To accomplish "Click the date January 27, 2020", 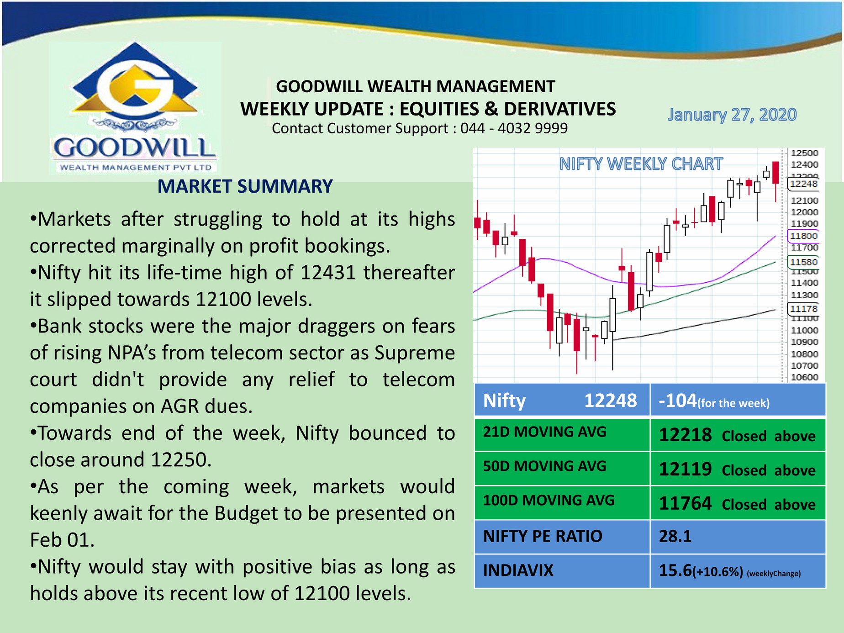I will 732,115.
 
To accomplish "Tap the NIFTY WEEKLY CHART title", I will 641,164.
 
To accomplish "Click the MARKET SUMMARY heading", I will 245,186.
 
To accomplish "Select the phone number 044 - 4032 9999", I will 514,128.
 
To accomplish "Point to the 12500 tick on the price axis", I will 804,153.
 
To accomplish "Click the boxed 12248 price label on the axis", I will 803,184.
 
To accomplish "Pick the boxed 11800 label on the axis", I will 803,236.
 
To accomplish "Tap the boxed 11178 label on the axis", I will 803,309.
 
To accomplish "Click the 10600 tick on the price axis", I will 804,377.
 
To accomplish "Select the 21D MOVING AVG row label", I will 544,432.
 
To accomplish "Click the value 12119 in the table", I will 685,469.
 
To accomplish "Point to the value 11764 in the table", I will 685,504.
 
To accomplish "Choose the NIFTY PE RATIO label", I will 543,536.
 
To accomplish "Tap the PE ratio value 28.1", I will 675,536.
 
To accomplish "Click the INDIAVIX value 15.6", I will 675,571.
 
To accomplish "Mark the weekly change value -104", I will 678,401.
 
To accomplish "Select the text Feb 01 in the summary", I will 60,540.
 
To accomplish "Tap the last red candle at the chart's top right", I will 775,173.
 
